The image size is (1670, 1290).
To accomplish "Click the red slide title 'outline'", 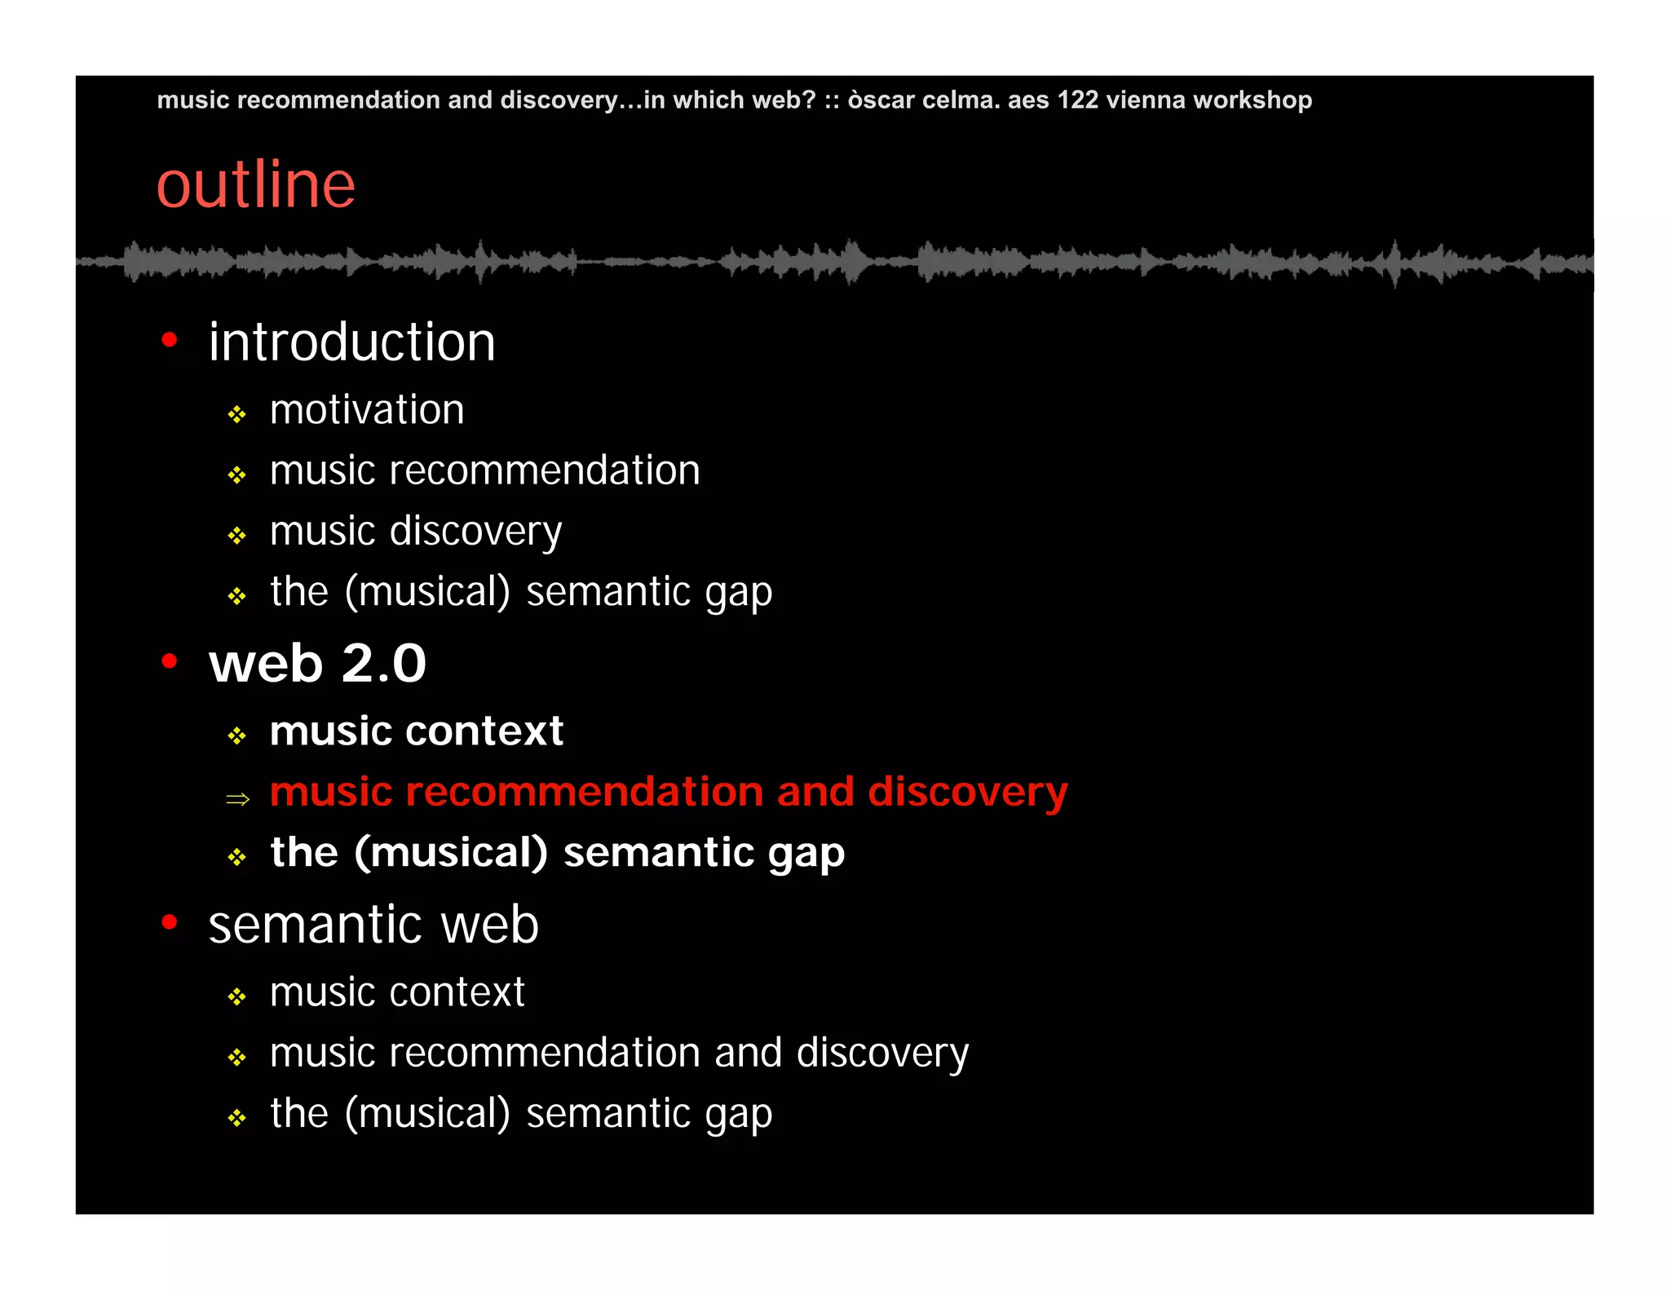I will pyautogui.click(x=255, y=185).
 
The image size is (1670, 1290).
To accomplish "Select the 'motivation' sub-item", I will pyautogui.click(x=367, y=409).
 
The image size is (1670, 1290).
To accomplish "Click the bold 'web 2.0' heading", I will pyautogui.click(x=317, y=663).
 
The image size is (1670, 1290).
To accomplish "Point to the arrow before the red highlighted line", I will pyautogui.click(x=237, y=798).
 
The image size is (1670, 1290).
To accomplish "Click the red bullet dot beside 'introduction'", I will pyautogui.click(x=170, y=339).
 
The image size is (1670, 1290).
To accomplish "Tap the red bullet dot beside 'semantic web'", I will pyautogui.click(x=170, y=922).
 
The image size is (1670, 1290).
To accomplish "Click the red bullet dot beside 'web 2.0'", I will pyautogui.click(x=170, y=660).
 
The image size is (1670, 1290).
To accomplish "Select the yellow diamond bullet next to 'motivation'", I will pyautogui.click(x=237, y=415).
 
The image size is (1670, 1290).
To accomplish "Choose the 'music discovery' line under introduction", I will pyautogui.click(x=416, y=532).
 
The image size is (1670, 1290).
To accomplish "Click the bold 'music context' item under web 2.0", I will pyautogui.click(x=417, y=731).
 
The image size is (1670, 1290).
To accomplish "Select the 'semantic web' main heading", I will pyautogui.click(x=373, y=925).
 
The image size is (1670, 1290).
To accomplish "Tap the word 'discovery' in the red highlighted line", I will pyautogui.click(x=967, y=793).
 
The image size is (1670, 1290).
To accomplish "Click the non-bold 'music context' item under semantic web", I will pyautogui.click(x=397, y=992).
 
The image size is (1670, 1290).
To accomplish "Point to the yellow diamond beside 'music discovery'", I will pyautogui.click(x=237, y=536).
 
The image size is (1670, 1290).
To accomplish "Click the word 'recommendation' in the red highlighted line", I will pyautogui.click(x=584, y=792).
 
